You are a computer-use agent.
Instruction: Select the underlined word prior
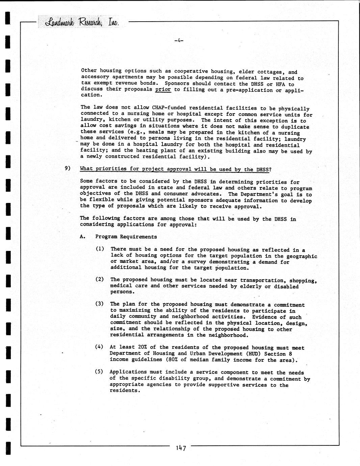(163, 89)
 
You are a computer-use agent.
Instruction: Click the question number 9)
(68, 168)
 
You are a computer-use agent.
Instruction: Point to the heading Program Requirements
(126, 237)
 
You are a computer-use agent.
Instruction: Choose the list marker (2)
(100, 279)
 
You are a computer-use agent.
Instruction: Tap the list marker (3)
(100, 304)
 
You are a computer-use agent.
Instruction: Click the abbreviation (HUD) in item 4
(249, 354)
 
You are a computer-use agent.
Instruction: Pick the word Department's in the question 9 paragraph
(259, 194)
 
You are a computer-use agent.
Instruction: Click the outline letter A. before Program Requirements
(82, 237)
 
